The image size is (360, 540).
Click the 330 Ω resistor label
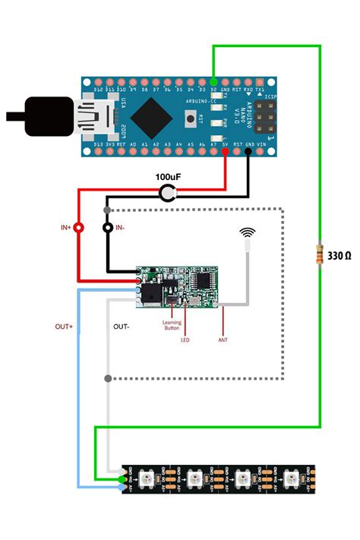tap(339, 255)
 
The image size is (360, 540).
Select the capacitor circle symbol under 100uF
tap(166, 195)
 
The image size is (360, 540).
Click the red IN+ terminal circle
tap(77, 227)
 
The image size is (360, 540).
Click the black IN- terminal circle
tap(108, 227)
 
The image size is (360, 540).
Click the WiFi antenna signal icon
tap(248, 232)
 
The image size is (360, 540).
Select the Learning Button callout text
tap(172, 326)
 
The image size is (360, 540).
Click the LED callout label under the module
tap(185, 340)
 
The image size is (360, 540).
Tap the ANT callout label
tap(223, 340)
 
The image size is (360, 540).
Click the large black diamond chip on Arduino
tap(154, 116)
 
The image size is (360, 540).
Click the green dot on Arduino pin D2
tap(214, 81)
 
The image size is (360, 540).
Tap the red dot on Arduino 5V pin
tap(226, 151)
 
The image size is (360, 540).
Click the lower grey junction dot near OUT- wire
tap(109, 377)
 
